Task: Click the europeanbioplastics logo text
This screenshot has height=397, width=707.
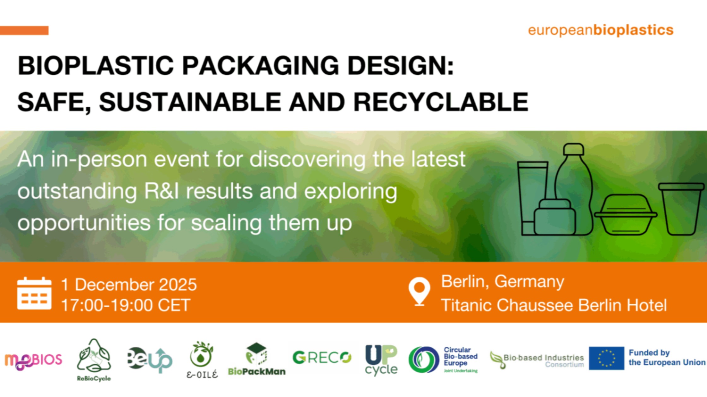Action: pyautogui.click(x=600, y=30)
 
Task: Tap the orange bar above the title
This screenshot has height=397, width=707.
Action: pyautogui.click(x=24, y=31)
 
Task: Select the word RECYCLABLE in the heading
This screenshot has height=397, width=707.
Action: pyautogui.click(x=441, y=102)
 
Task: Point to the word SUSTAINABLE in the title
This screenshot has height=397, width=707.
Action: pyautogui.click(x=190, y=102)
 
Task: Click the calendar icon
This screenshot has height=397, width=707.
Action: pyautogui.click(x=34, y=294)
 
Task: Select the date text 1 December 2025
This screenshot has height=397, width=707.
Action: pyautogui.click(x=129, y=285)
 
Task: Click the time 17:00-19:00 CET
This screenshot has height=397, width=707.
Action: pyautogui.click(x=126, y=305)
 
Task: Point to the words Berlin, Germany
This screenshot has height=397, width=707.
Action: pyautogui.click(x=502, y=281)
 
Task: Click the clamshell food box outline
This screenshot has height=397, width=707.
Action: pyautogui.click(x=626, y=216)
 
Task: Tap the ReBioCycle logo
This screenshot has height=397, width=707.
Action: pyautogui.click(x=94, y=359)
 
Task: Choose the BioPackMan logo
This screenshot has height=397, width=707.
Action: pyautogui.click(x=257, y=359)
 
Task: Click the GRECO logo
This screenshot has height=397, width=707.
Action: pyautogui.click(x=321, y=357)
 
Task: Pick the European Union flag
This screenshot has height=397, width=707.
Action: pyautogui.click(x=606, y=358)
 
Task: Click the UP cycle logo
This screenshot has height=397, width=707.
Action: pyautogui.click(x=381, y=360)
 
